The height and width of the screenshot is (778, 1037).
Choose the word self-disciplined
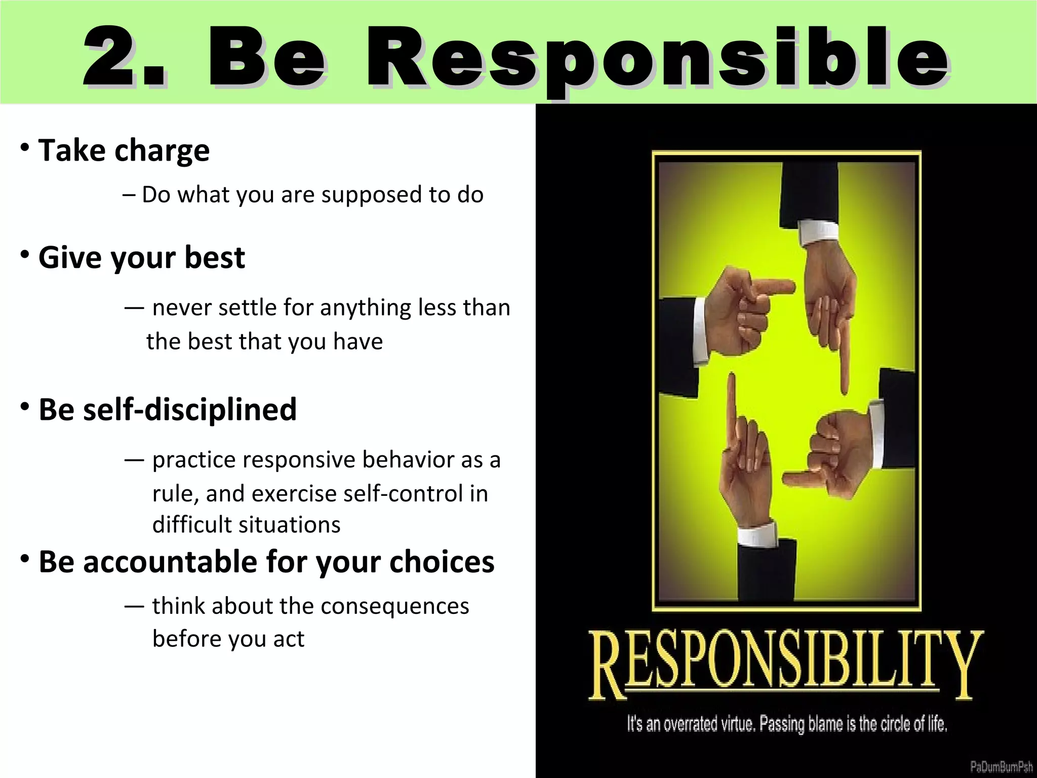point(190,409)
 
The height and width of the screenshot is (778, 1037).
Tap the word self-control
point(403,493)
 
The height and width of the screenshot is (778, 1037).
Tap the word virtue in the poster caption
point(739,724)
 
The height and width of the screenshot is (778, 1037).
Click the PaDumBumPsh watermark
point(1001,766)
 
